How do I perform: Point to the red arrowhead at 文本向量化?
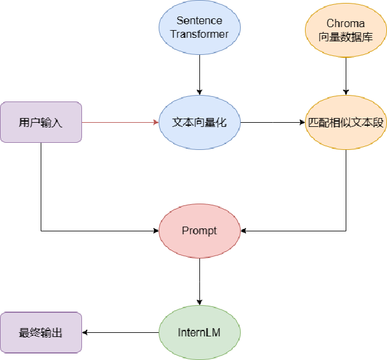pos(156,122)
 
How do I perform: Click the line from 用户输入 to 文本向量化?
pos(118,122)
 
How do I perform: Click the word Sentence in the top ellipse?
pos(199,21)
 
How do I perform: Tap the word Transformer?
pos(199,34)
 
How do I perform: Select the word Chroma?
pos(346,24)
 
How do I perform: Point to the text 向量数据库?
pos(346,36)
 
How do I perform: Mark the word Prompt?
pos(199,231)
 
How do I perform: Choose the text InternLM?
pos(199,333)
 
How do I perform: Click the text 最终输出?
pos(41,333)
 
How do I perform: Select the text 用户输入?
pos(41,123)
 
